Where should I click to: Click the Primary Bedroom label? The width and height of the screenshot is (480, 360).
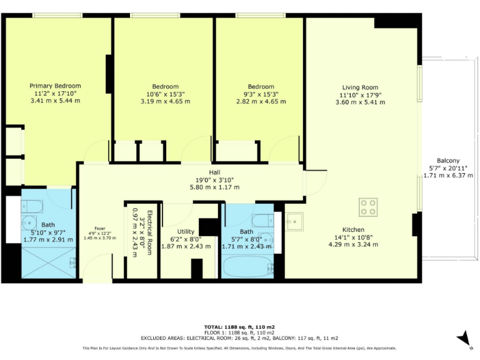pyautogui.click(x=56, y=86)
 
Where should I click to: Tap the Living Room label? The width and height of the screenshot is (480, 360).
pyautogui.click(x=360, y=87)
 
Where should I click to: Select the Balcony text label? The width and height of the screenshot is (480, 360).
pyautogui.click(x=448, y=161)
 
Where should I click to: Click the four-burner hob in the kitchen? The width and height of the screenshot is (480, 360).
pyautogui.click(x=368, y=207)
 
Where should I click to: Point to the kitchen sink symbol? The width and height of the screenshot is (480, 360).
pyautogui.click(x=294, y=221)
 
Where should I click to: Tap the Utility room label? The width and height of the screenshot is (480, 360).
pyautogui.click(x=181, y=231)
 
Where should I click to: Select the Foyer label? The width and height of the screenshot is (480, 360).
pyautogui.click(x=100, y=228)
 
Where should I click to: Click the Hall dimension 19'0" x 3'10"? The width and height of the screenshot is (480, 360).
pyautogui.click(x=215, y=179)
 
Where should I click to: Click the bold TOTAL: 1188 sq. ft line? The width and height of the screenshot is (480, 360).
pyautogui.click(x=240, y=327)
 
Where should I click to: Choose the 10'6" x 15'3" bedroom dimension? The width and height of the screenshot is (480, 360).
pyautogui.click(x=165, y=94)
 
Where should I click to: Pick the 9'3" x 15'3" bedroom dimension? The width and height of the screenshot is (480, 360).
pyautogui.click(x=261, y=94)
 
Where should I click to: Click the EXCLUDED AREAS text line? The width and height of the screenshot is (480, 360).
pyautogui.click(x=240, y=337)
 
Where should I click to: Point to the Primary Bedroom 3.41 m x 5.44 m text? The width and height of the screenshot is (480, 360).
pyautogui.click(x=56, y=100)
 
